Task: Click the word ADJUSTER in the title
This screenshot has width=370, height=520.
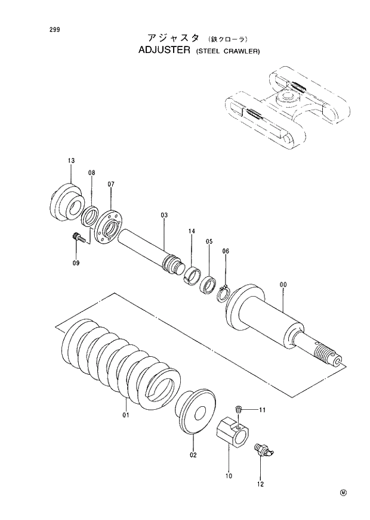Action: pos(164,51)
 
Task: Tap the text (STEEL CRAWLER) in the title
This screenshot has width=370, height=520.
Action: pos(227,52)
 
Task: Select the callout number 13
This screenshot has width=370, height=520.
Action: pos(71,161)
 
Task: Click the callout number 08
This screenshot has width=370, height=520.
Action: pos(91,173)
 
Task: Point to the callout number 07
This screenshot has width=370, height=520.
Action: pos(111,184)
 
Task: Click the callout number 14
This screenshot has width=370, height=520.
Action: pos(192,231)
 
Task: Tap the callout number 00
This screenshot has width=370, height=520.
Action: pos(283,285)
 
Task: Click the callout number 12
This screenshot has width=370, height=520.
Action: pos(260,484)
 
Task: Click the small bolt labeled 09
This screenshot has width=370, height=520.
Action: pos(78,238)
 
